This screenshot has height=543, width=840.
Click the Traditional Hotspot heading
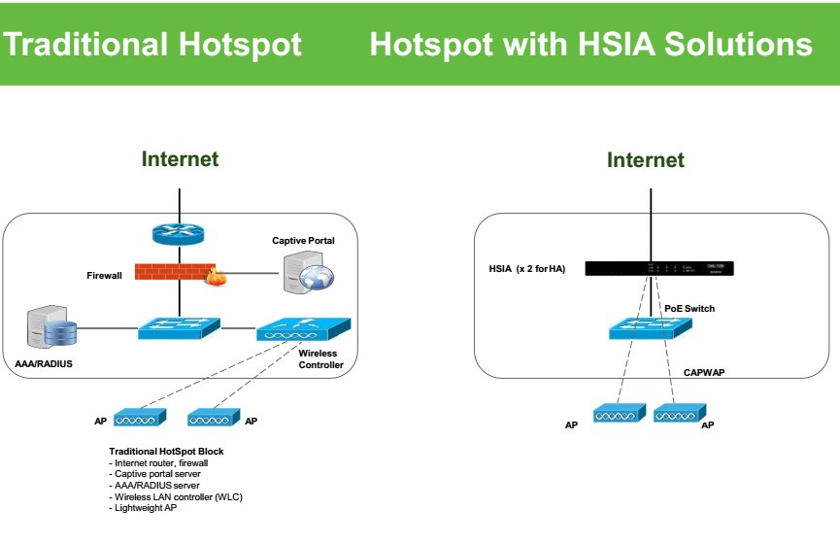click(x=152, y=45)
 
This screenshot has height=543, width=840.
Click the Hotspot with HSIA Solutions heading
click(x=590, y=45)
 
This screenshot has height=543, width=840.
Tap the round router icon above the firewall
click(x=180, y=234)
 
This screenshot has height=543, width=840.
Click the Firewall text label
click(x=105, y=276)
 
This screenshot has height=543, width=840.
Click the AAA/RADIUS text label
click(x=44, y=364)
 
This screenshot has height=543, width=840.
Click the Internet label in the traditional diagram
click(x=180, y=158)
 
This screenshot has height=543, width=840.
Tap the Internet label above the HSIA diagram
click(x=646, y=160)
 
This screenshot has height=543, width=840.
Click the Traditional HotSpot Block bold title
click(x=166, y=452)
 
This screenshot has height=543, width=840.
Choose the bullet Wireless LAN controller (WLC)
click(x=176, y=495)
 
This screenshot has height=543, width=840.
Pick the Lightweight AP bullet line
click(x=145, y=508)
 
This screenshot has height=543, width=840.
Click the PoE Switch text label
click(x=689, y=308)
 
